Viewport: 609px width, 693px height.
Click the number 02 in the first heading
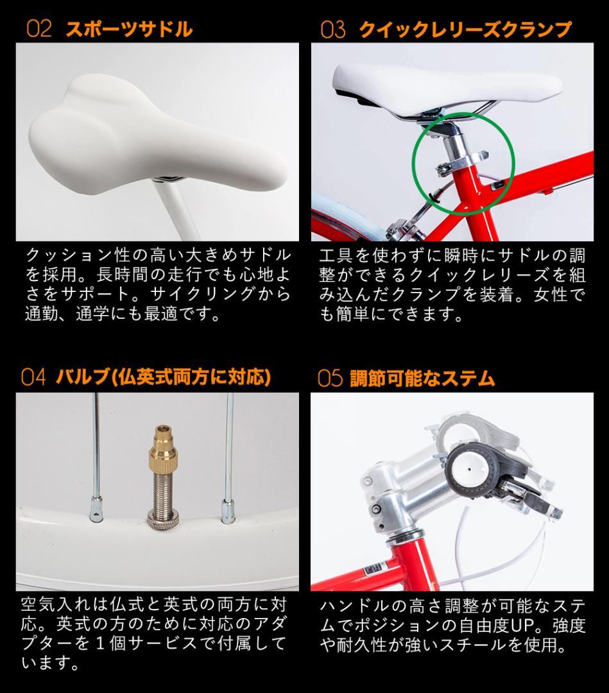point(39,30)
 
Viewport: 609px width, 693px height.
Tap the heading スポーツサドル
point(128,30)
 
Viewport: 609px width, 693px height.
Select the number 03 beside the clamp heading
point(333,30)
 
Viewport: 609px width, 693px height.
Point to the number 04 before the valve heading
point(33,377)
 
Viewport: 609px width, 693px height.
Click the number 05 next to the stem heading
point(330,379)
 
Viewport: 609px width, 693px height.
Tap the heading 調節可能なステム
point(422,379)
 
